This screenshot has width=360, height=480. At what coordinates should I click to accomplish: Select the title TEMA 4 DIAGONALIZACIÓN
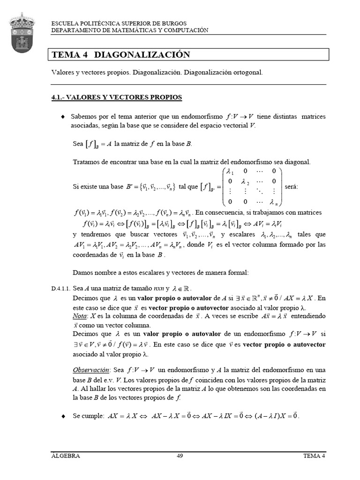[x=121, y=55]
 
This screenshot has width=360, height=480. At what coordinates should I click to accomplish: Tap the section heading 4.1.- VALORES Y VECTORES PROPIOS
[x=116, y=97]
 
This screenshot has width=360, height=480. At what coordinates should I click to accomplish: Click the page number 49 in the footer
[x=180, y=456]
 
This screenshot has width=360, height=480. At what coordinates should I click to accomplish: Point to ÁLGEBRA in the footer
[x=65, y=456]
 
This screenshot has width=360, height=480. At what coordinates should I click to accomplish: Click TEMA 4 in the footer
[x=314, y=456]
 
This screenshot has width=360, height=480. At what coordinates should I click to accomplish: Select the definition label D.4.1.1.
[x=60, y=289]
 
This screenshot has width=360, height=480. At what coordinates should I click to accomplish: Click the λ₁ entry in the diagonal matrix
[x=232, y=171]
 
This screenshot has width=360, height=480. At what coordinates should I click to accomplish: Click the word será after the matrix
[x=291, y=187]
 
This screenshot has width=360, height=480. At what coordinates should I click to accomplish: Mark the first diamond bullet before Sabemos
[x=62, y=116]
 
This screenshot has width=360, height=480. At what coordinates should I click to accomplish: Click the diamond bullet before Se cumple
[x=62, y=416]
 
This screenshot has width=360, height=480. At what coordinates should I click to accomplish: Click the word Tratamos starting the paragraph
[x=86, y=162]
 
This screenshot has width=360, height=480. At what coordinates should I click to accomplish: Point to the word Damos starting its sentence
[x=83, y=272]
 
